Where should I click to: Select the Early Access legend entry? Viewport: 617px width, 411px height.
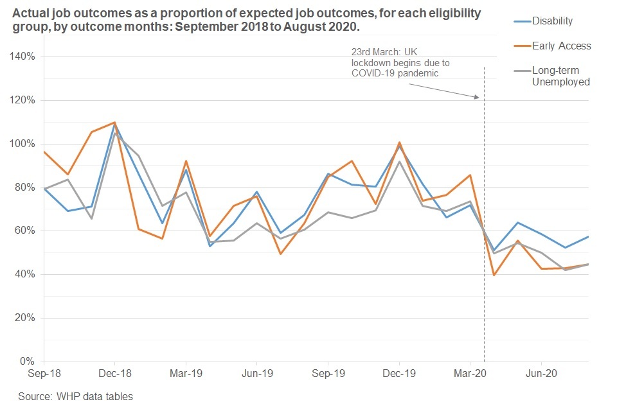pyautogui.click(x=561, y=46)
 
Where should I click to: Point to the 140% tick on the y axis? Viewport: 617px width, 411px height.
pyautogui.click(x=24, y=57)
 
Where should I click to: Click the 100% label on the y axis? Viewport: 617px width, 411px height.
pyautogui.click(x=24, y=144)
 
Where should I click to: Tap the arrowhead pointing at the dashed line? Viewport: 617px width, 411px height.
pyautogui.click(x=477, y=98)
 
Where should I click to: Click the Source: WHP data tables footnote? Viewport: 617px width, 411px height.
pyautogui.click(x=75, y=396)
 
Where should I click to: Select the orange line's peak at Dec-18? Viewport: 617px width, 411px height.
pyautogui.click(x=114, y=122)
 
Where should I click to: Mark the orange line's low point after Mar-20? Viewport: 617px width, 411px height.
pyautogui.click(x=494, y=275)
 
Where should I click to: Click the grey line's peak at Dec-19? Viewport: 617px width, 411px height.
pyautogui.click(x=399, y=161)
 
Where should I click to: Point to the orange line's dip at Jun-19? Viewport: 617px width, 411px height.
pyautogui.click(x=280, y=254)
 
